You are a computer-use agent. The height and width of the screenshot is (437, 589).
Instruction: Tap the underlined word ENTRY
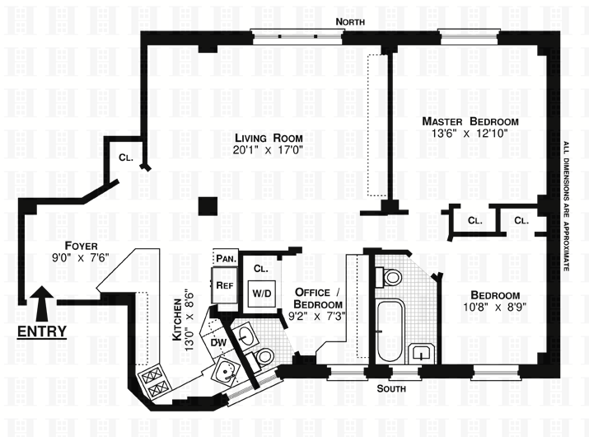point(43,331)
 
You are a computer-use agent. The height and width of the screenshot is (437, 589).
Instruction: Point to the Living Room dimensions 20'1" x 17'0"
point(268,151)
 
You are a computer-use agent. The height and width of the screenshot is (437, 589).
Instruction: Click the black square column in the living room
point(209,205)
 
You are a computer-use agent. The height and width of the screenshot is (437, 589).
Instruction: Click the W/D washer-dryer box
point(262,293)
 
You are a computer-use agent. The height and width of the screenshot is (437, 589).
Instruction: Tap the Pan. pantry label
point(227,258)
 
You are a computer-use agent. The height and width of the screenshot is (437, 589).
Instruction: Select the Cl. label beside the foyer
point(126,157)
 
